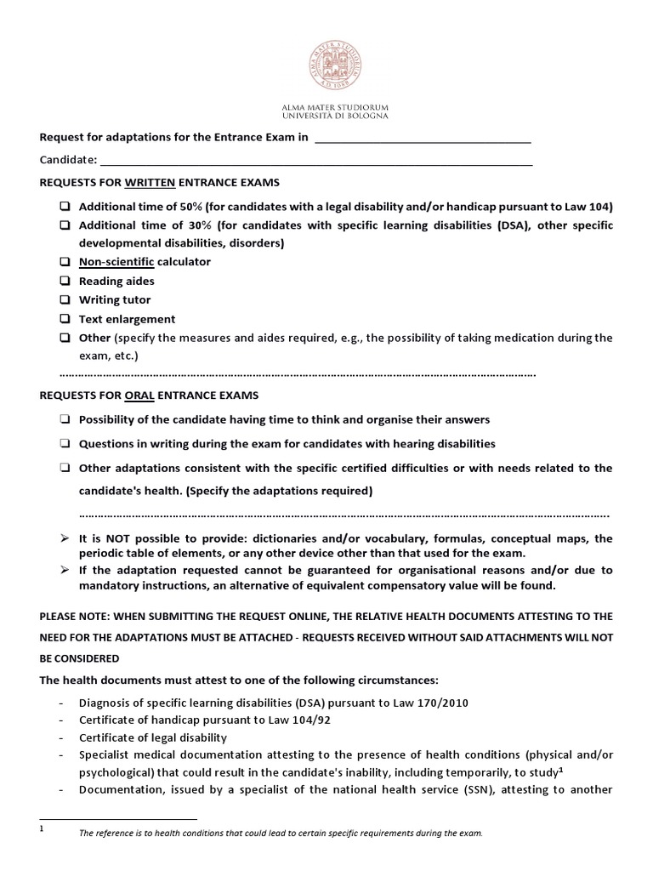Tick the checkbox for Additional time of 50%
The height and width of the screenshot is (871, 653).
point(65,207)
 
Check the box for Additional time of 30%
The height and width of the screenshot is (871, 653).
point(65,225)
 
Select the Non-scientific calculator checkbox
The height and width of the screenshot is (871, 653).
point(65,262)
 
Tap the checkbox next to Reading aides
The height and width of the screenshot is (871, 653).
point(65,281)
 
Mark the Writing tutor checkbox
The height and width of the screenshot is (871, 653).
point(65,300)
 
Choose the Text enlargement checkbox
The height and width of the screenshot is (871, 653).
point(65,319)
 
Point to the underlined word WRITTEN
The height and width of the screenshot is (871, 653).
point(150,183)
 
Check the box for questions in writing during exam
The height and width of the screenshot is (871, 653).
point(65,444)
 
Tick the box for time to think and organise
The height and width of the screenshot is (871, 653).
point(65,420)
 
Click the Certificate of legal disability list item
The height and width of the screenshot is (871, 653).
point(153,737)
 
